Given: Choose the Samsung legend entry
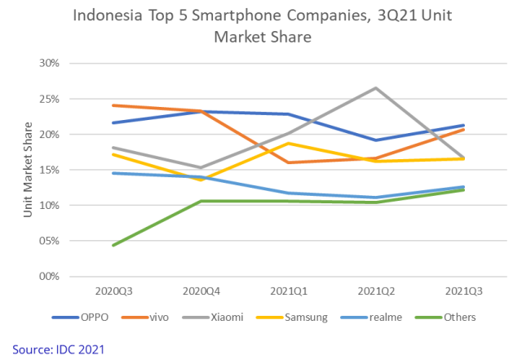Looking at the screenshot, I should [x=303, y=317].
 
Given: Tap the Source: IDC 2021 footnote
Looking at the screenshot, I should [x=59, y=349].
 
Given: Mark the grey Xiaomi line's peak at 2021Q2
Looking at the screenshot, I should [x=376, y=87].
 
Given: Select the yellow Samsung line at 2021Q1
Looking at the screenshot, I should [x=288, y=143].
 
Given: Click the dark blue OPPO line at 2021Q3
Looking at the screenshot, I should [x=463, y=125].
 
